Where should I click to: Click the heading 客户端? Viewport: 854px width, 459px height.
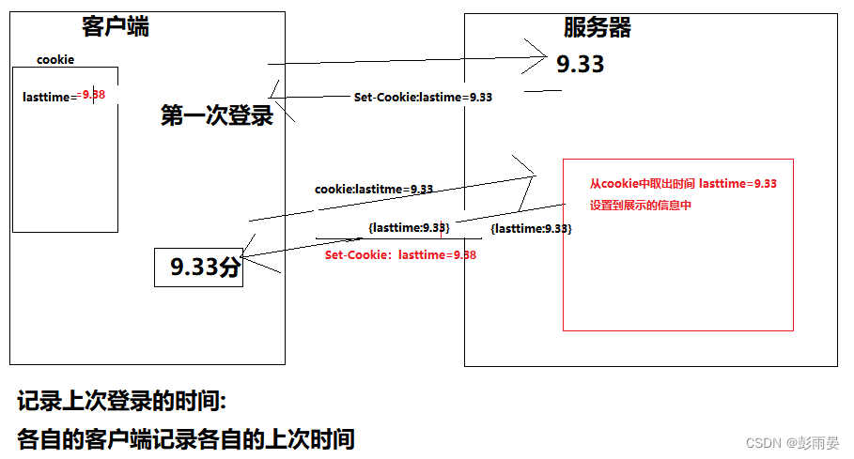click(116, 27)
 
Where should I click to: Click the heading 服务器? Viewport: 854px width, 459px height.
click(598, 28)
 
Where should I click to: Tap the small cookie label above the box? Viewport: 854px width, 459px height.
click(55, 60)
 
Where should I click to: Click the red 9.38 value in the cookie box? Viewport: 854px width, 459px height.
click(94, 95)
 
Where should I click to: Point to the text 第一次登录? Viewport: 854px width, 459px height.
click(217, 115)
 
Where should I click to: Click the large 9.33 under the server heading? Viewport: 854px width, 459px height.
click(580, 64)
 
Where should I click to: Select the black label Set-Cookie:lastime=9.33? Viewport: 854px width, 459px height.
click(423, 97)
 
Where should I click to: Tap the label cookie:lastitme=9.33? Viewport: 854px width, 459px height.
click(374, 189)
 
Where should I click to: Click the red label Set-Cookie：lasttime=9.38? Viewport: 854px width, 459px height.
click(400, 254)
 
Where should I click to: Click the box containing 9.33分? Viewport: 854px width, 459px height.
click(199, 268)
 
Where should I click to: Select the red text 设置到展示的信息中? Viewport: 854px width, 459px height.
click(640, 206)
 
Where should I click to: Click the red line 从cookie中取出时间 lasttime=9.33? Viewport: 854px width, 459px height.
click(683, 184)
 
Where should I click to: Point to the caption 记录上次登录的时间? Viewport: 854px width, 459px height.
click(122, 402)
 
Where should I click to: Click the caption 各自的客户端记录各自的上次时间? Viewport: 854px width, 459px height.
click(185, 437)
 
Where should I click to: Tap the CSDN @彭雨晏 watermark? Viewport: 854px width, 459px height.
click(792, 442)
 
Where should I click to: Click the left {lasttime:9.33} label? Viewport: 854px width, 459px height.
click(410, 227)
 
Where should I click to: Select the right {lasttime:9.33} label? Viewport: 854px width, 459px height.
click(531, 228)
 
